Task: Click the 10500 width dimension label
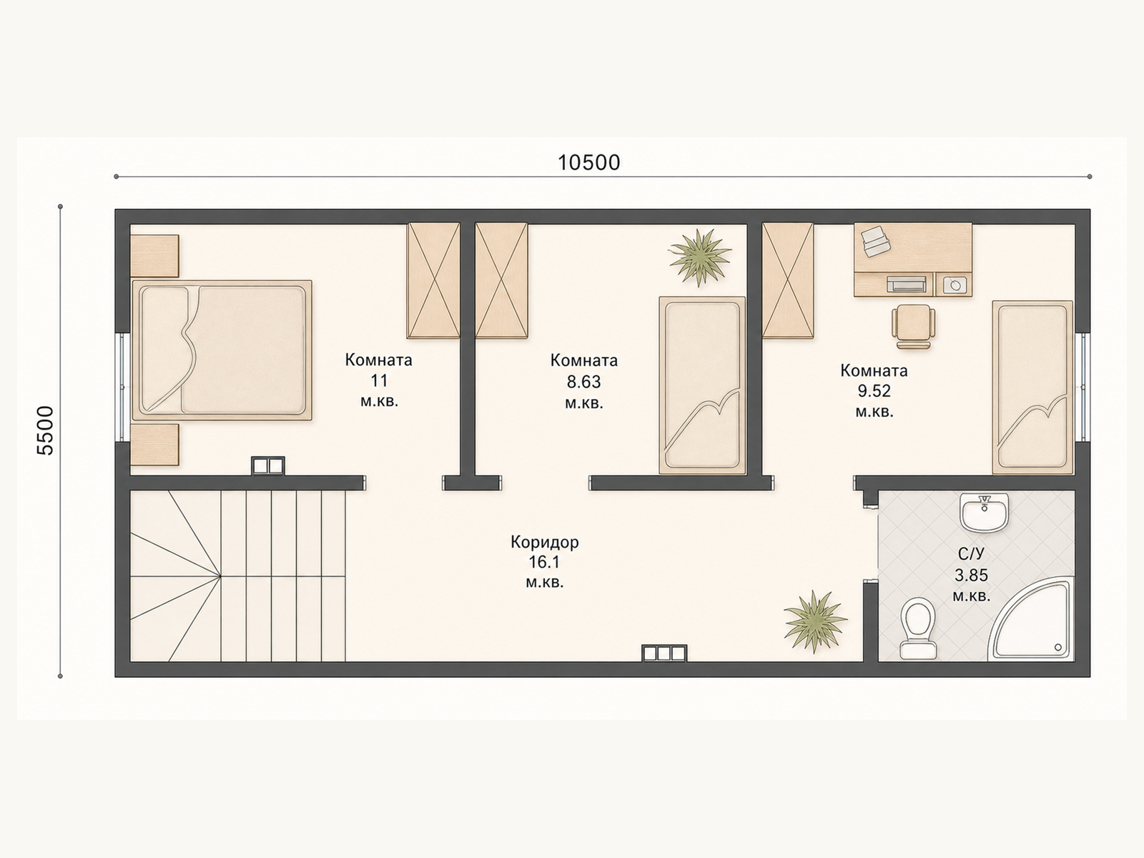coord(589,162)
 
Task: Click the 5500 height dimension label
coord(46,430)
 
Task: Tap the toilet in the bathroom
coord(918,628)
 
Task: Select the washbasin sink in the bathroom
coord(985,513)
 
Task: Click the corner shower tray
coord(1032,620)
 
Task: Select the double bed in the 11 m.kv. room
coord(222,350)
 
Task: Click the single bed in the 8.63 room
coord(702,385)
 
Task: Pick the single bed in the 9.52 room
coord(1032,387)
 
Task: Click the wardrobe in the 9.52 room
coord(787,280)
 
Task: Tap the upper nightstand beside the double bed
coord(154,256)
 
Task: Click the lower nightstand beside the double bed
coord(154,444)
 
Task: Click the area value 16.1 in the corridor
coord(545,562)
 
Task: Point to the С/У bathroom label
coord(971,553)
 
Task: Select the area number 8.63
coord(583,382)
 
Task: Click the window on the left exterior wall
coord(122,387)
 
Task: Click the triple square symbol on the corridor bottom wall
coord(664,654)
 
